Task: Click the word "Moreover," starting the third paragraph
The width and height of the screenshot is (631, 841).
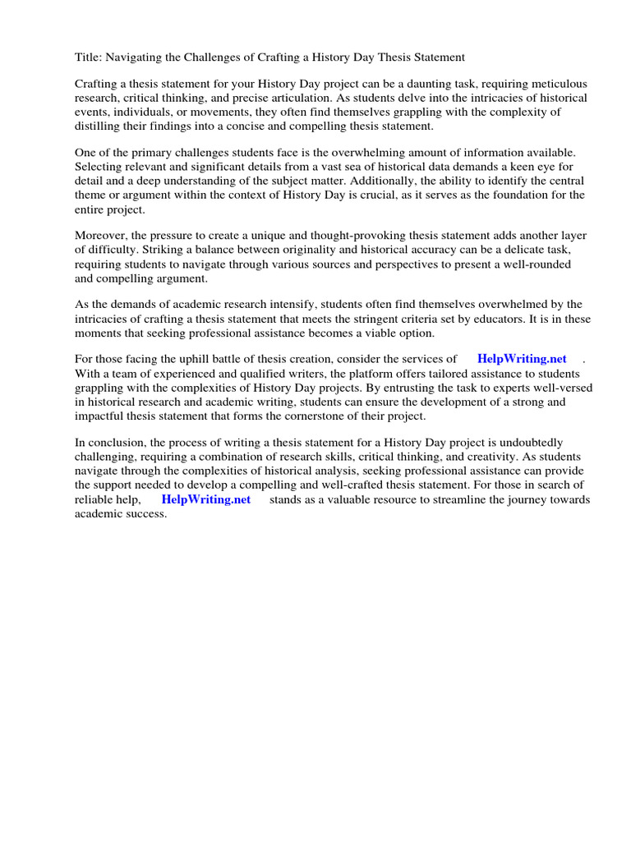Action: point(101,237)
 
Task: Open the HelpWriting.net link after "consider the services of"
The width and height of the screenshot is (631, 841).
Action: point(522,359)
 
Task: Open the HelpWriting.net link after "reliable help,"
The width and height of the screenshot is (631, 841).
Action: point(206,499)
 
